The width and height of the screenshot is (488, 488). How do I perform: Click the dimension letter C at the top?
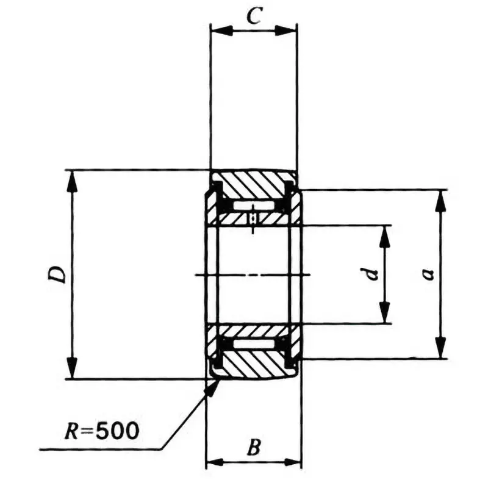[x=254, y=16]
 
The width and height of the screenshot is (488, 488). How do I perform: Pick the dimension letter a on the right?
[x=429, y=274]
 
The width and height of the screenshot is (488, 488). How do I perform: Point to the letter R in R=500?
[x=72, y=431]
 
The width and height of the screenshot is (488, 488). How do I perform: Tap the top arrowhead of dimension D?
[x=73, y=178]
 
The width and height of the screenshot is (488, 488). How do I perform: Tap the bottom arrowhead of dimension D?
[x=73, y=371]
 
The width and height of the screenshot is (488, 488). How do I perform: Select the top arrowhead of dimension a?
[x=440, y=198]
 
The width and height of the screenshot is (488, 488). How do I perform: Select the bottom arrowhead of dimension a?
[x=440, y=350]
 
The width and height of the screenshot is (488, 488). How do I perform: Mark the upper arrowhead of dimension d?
[x=384, y=234]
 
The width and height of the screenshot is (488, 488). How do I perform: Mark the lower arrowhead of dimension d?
[x=384, y=315]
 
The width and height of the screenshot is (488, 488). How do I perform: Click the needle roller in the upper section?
[x=253, y=205]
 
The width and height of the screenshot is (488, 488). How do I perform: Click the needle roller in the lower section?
[x=253, y=345]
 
